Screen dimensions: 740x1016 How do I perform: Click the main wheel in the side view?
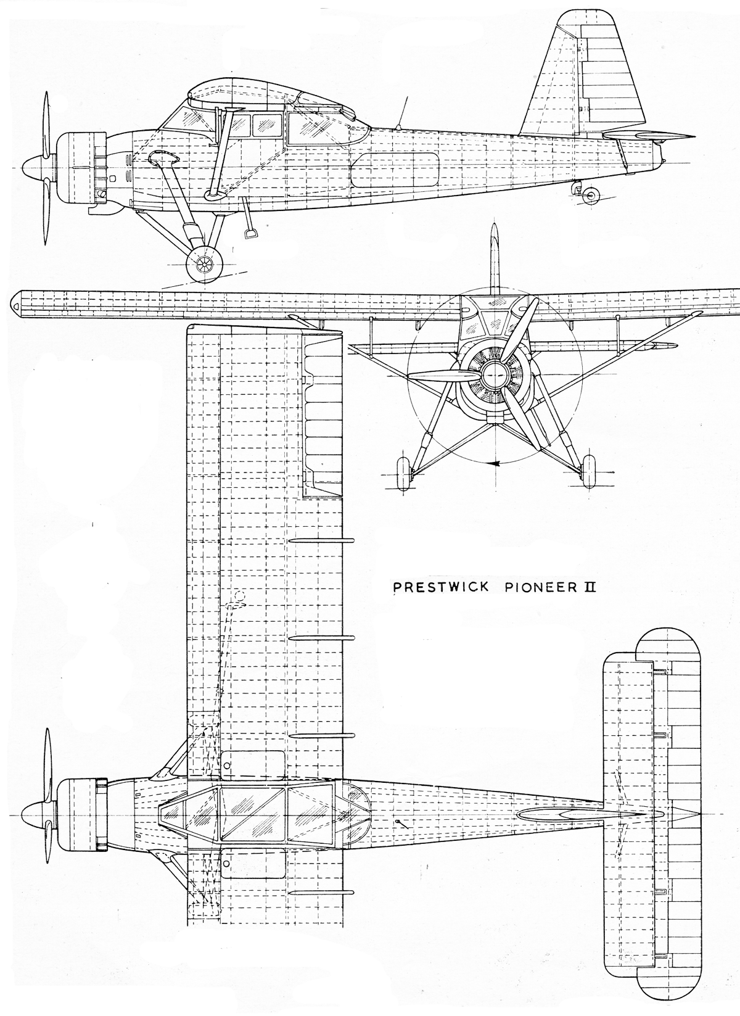[x=205, y=263]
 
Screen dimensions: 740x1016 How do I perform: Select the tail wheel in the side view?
[x=590, y=195]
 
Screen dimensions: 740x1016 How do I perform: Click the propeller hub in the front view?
[x=493, y=374]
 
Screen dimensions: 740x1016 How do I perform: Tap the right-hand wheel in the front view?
[x=588, y=471]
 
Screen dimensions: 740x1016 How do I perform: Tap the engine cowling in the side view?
[x=81, y=168]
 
